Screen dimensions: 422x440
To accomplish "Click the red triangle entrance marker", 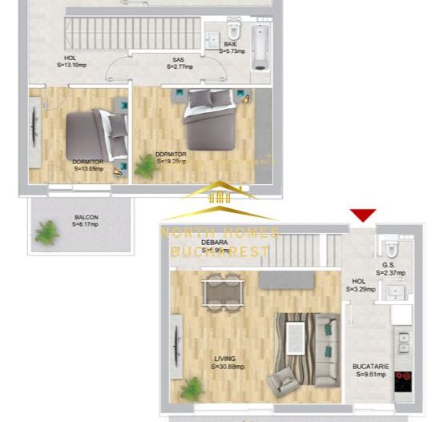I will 363,215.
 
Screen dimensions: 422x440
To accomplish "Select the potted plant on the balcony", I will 47,233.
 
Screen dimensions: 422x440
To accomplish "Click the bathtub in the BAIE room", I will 260,47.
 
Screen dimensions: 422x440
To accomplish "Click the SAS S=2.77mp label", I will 178,63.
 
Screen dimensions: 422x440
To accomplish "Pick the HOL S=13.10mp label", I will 71,62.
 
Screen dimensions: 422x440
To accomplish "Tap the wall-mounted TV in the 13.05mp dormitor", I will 34,132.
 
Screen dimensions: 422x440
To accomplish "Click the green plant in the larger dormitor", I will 147,166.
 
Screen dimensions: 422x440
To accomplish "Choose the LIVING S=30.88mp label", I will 228,363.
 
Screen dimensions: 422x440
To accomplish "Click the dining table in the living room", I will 221,290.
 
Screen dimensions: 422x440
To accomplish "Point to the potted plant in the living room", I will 192,389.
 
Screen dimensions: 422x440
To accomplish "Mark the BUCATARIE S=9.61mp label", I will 372,370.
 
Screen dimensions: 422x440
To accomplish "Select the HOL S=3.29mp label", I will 358,285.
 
